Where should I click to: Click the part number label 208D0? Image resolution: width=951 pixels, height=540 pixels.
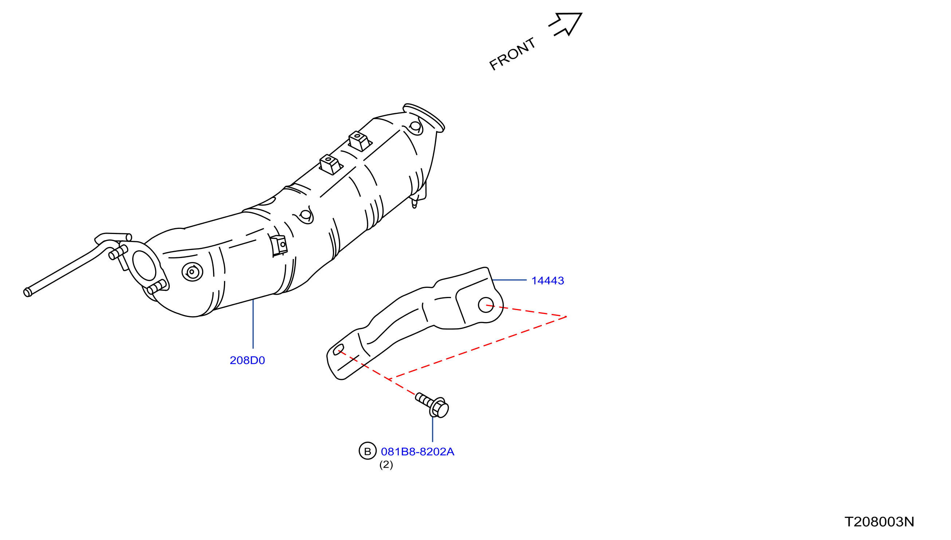[x=247, y=360]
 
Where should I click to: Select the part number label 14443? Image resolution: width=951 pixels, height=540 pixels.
[x=547, y=281]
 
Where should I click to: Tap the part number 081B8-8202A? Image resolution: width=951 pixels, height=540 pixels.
[x=418, y=451]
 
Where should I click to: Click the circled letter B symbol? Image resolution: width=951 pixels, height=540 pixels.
[x=368, y=451]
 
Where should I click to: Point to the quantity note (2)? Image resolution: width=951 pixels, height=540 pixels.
[x=386, y=464]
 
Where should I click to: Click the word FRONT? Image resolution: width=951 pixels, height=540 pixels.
[x=512, y=54]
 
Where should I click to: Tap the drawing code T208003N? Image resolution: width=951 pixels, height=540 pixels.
[x=879, y=522]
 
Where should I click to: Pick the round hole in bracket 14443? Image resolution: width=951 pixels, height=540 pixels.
[x=486, y=305]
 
